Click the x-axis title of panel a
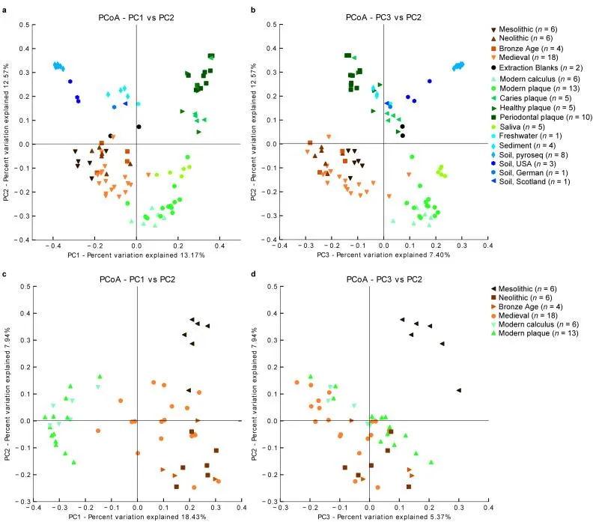click(x=136, y=255)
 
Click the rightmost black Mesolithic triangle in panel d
click(x=458, y=390)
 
